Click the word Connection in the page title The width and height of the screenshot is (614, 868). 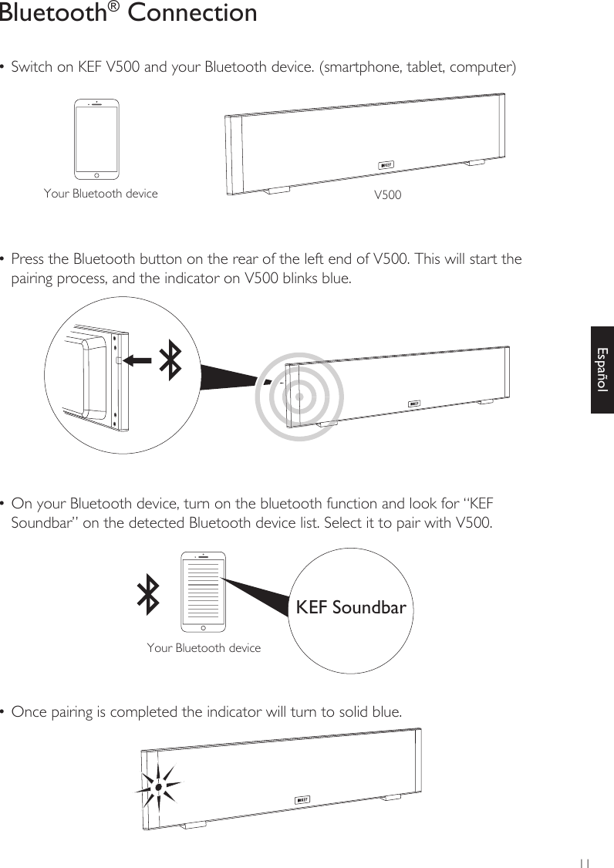coord(192,13)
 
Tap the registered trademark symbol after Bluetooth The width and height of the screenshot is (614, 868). coord(113,7)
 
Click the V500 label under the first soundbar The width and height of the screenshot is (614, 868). coord(387,195)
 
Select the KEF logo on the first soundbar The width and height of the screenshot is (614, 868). coord(386,165)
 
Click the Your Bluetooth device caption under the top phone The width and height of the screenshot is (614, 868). coord(101,194)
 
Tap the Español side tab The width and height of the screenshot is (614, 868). coord(602,369)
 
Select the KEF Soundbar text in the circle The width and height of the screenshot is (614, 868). coord(351,607)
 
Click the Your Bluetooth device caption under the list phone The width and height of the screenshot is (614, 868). coord(204,648)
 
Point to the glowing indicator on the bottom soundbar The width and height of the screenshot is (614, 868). coord(157,787)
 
